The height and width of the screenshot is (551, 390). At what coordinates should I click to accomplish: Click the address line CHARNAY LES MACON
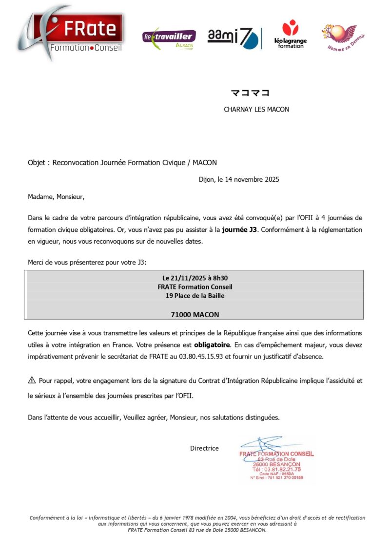point(256,110)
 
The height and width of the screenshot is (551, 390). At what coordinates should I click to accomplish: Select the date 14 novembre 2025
point(252,180)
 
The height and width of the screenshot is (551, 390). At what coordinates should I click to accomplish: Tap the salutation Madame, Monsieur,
point(56,197)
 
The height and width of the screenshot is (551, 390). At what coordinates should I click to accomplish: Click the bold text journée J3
point(239,230)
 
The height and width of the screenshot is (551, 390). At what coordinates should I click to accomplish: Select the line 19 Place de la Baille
point(195,295)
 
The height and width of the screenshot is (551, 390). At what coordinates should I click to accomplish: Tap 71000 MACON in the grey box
point(195,314)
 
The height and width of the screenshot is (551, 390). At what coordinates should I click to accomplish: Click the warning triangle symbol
point(32,380)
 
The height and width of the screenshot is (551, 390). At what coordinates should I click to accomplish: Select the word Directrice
point(204,448)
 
